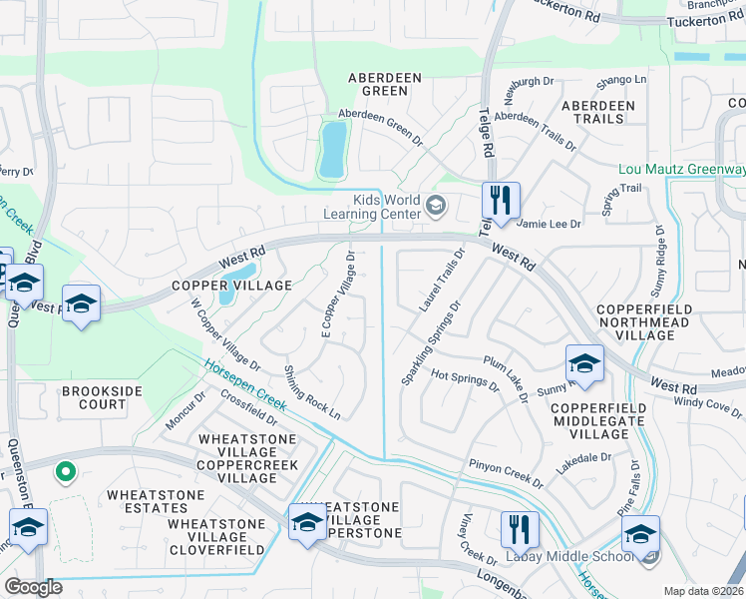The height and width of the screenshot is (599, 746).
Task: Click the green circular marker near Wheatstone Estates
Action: point(66,470)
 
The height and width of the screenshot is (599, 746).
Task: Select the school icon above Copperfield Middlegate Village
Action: point(584,363)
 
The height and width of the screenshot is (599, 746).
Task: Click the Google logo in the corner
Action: point(33,587)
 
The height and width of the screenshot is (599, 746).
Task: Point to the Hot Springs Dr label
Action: point(464,379)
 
